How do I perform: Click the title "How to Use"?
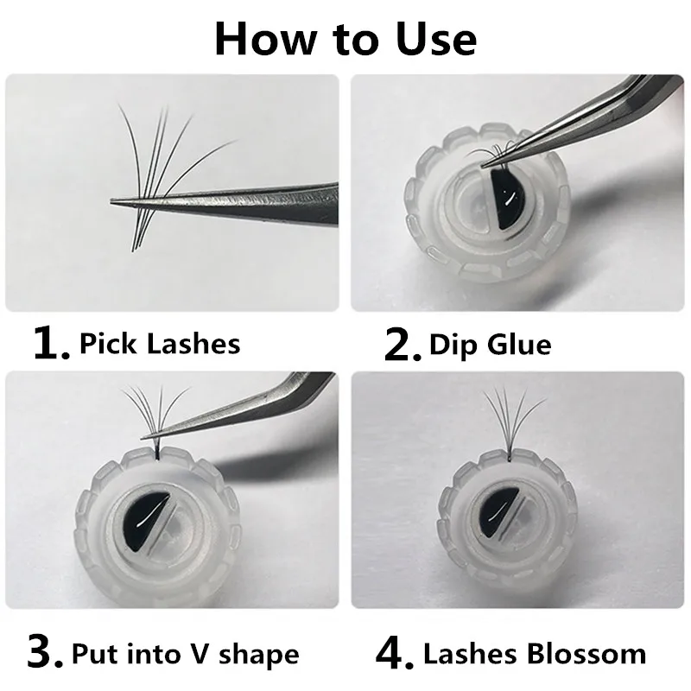click(345, 38)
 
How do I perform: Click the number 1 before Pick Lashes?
click(50, 344)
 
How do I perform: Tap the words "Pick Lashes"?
click(160, 344)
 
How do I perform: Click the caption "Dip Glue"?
click(491, 345)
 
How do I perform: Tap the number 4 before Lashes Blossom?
click(397, 654)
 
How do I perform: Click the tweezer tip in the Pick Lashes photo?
click(117, 203)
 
